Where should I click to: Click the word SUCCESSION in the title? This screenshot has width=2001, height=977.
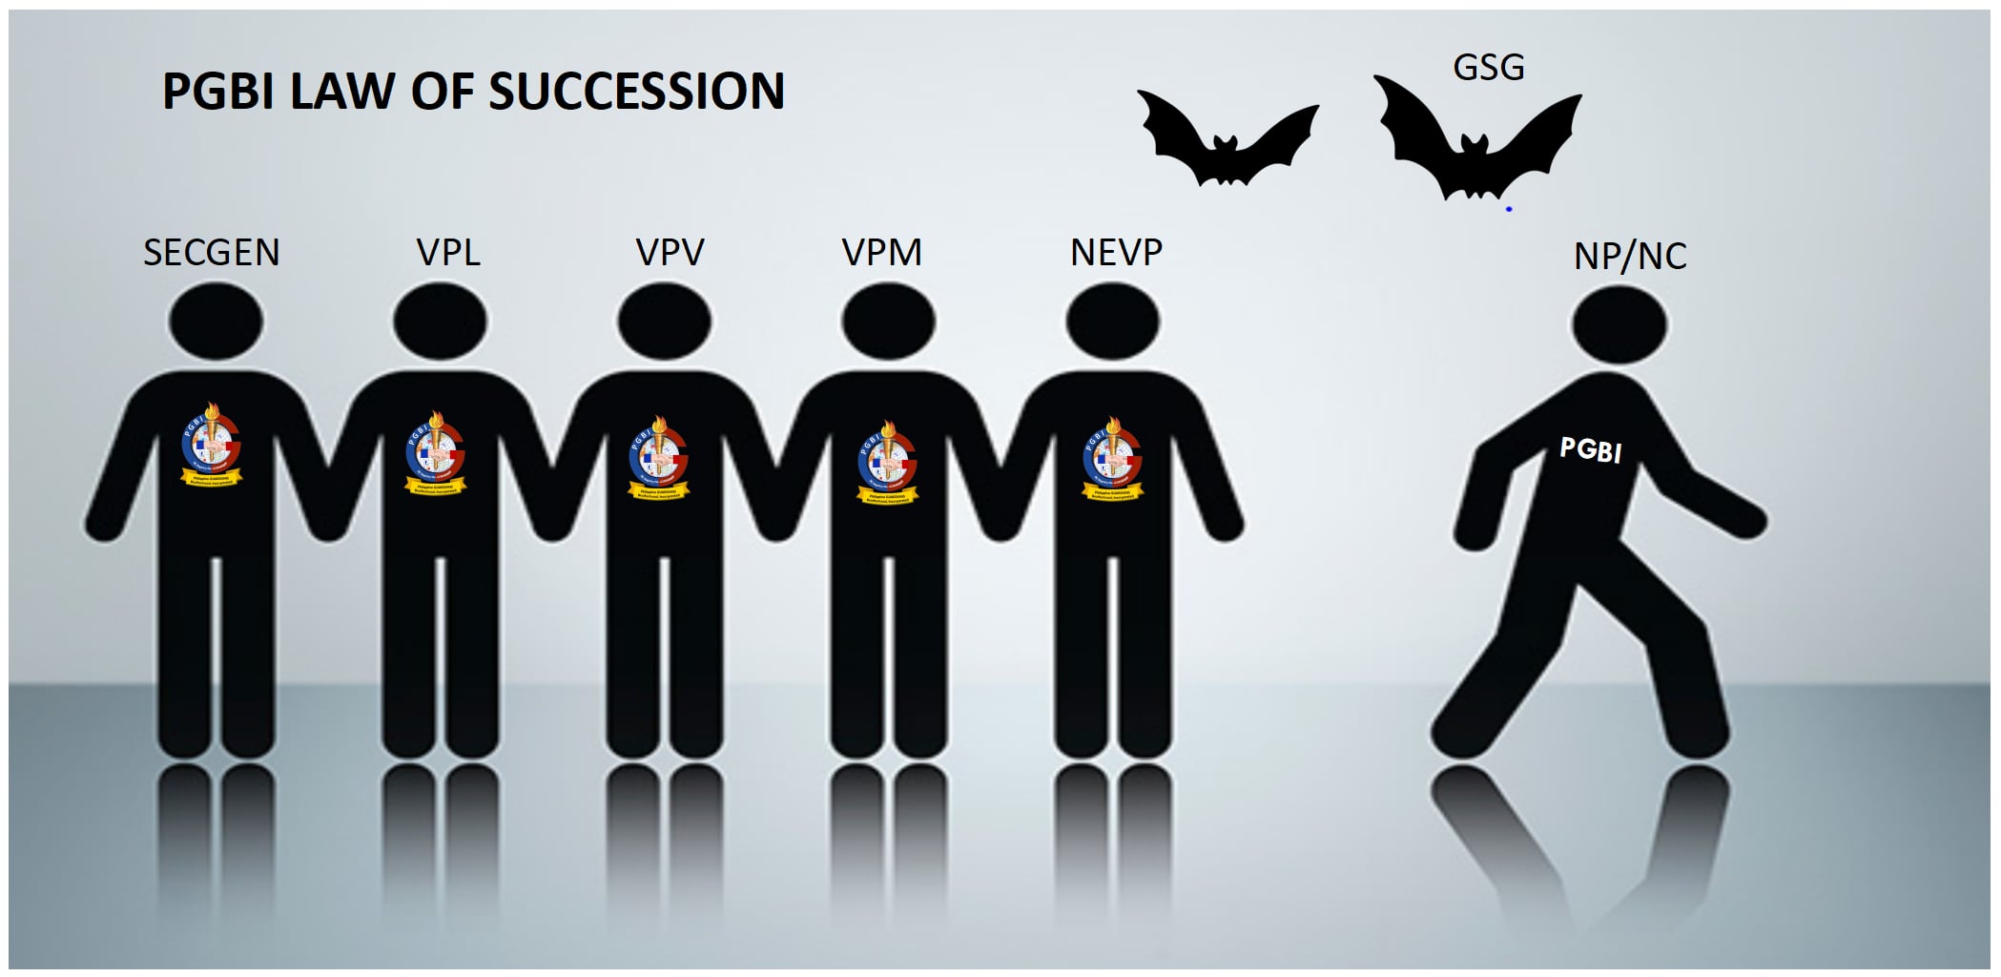click(636, 93)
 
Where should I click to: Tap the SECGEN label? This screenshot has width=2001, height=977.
click(211, 253)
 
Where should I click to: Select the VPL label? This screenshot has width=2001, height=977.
click(448, 253)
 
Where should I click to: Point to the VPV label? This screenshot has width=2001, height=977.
click(670, 253)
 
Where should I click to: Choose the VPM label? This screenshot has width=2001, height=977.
click(882, 253)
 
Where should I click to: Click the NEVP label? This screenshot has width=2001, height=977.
click(1116, 253)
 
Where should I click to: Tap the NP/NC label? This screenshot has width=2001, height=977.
click(1630, 256)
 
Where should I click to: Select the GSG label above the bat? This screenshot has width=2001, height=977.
click(1488, 67)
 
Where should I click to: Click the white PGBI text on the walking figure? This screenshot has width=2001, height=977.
click(1590, 448)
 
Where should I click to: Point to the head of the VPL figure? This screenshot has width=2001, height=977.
click(440, 322)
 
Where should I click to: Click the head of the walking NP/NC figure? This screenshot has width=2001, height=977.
click(1619, 324)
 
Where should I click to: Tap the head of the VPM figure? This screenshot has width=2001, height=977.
click(888, 322)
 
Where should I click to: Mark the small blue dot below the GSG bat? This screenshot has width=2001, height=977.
click(1509, 209)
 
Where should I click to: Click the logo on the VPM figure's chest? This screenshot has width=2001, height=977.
click(888, 462)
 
